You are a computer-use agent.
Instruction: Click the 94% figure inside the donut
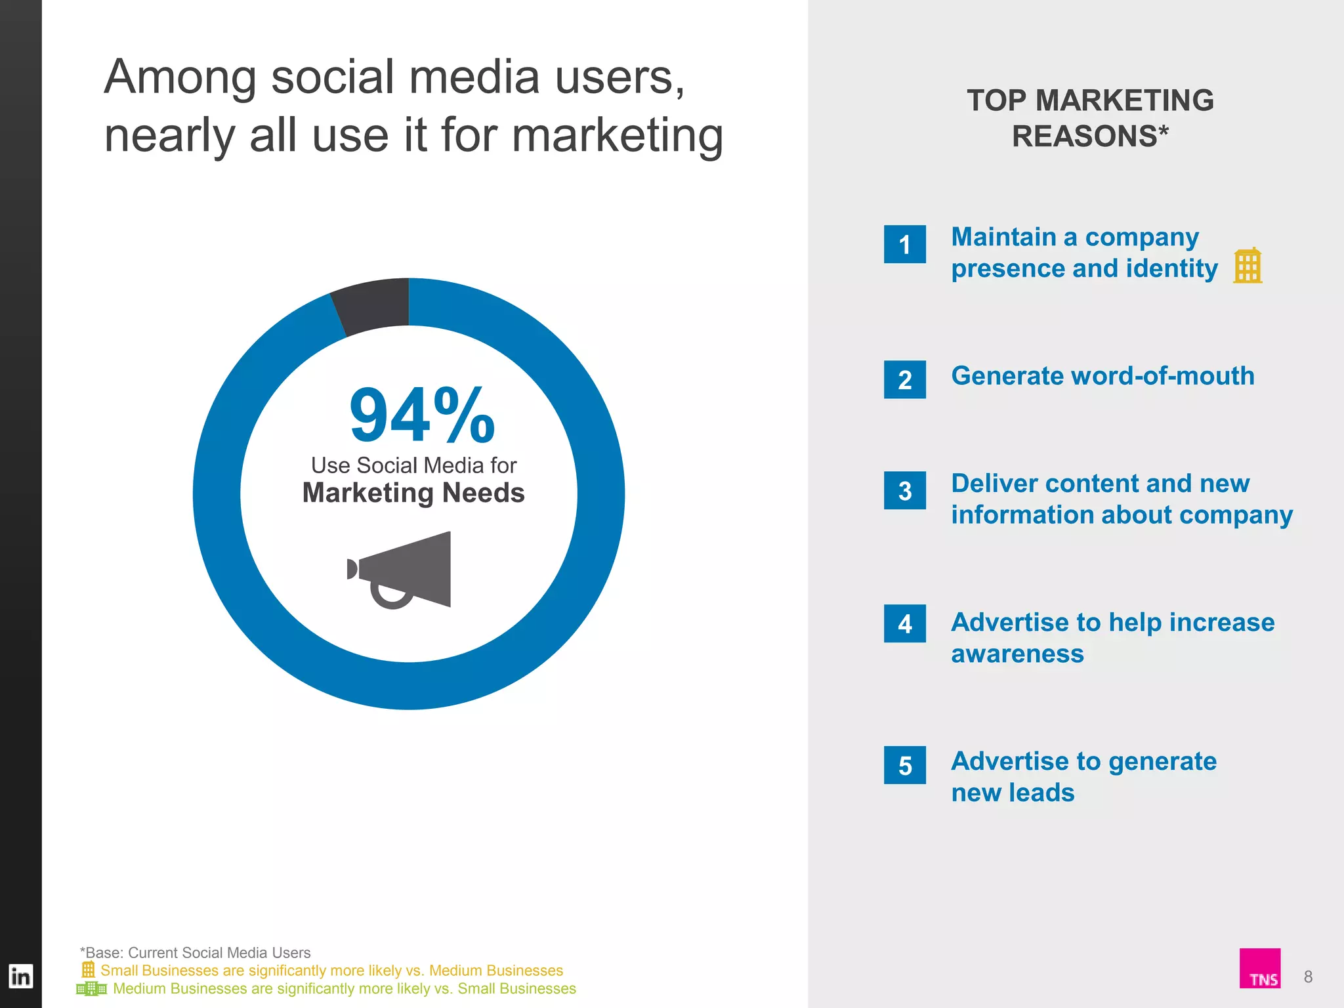[421, 416]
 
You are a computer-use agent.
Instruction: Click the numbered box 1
[904, 244]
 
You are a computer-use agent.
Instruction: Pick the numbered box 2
[904, 379]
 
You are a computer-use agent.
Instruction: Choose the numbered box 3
[904, 490]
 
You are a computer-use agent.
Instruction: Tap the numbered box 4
[904, 623]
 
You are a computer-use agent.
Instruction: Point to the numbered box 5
[904, 765]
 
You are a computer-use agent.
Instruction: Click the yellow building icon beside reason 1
[1247, 266]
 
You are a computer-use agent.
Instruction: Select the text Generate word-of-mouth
[1102, 376]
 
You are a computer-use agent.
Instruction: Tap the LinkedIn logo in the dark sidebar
[20, 976]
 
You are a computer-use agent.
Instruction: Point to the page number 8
[1308, 976]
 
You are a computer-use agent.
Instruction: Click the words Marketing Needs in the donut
[413, 493]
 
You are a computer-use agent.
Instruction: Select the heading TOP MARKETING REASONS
[1090, 118]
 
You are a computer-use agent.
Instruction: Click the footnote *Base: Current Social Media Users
[195, 952]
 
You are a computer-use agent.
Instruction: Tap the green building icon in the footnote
[91, 988]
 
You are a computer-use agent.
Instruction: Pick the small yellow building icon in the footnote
[88, 969]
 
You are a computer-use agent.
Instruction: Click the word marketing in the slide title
[617, 136]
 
